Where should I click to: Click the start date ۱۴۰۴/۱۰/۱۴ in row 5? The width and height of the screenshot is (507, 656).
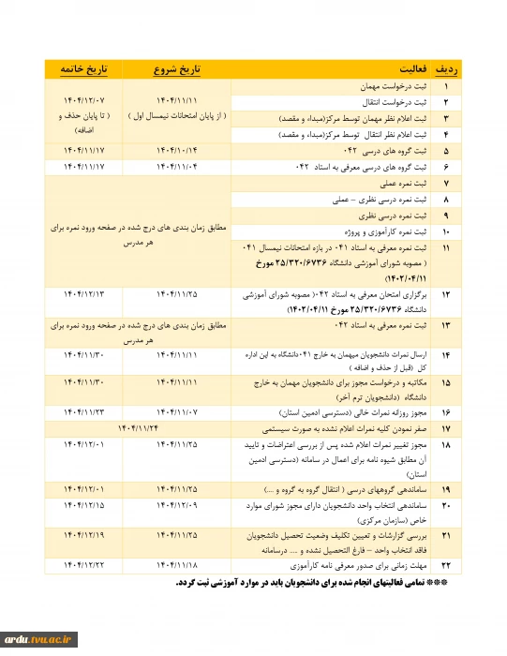(177, 149)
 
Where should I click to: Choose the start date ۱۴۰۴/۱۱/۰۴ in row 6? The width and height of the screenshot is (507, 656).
(177, 165)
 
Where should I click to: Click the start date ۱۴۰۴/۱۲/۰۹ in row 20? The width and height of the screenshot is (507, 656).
(177, 505)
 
